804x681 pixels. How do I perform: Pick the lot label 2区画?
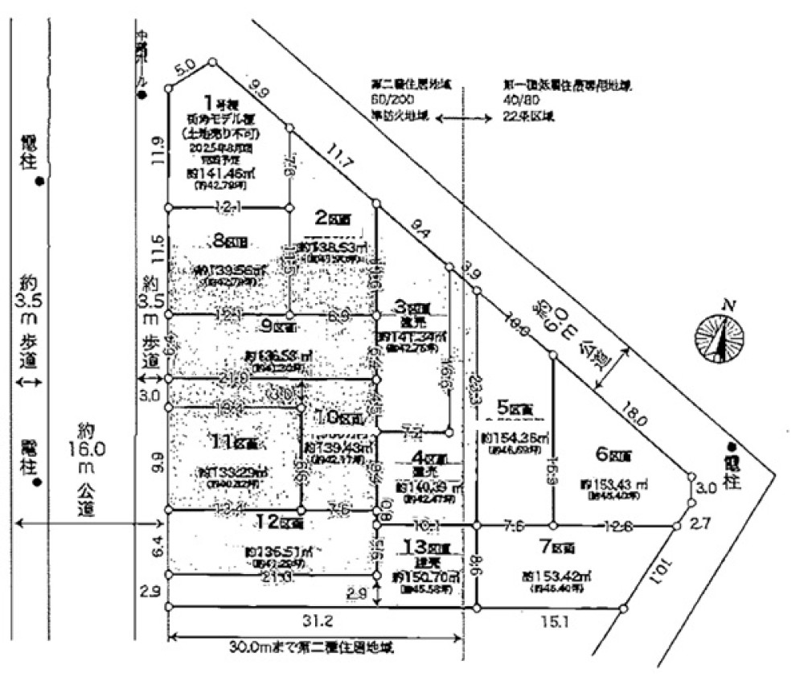tap(331, 219)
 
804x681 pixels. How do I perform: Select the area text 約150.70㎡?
tap(425, 578)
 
